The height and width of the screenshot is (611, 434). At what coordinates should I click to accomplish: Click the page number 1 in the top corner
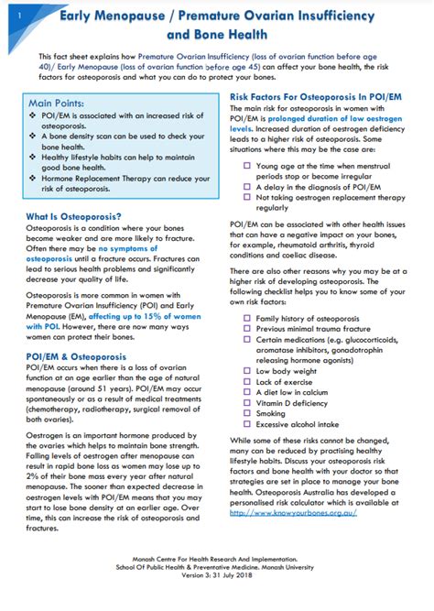pos(8,12)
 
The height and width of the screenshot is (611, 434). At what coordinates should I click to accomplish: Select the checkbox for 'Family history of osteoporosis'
pos(247,317)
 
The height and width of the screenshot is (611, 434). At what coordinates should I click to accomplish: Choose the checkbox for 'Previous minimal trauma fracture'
pos(247,330)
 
